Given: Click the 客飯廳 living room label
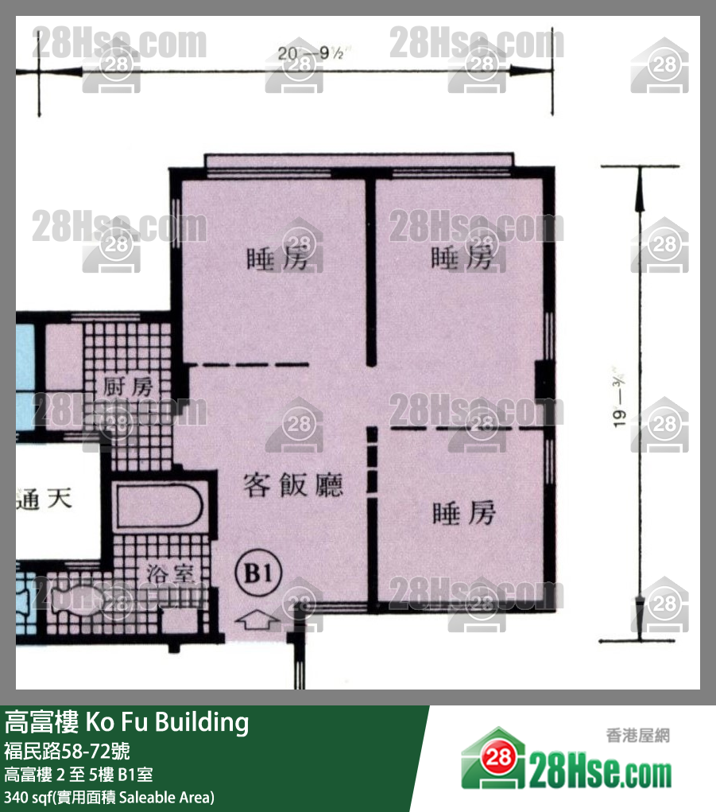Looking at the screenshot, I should pos(293,484).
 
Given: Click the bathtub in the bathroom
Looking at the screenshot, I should pos(158,507).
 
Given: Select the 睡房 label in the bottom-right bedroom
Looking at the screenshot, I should pos(463,513).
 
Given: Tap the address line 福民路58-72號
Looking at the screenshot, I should pos(67,751).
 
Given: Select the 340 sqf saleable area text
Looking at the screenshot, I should pos(110,797).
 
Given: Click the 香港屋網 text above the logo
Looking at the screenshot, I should pos(637,736).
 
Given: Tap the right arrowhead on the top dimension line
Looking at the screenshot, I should pos(521,71).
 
